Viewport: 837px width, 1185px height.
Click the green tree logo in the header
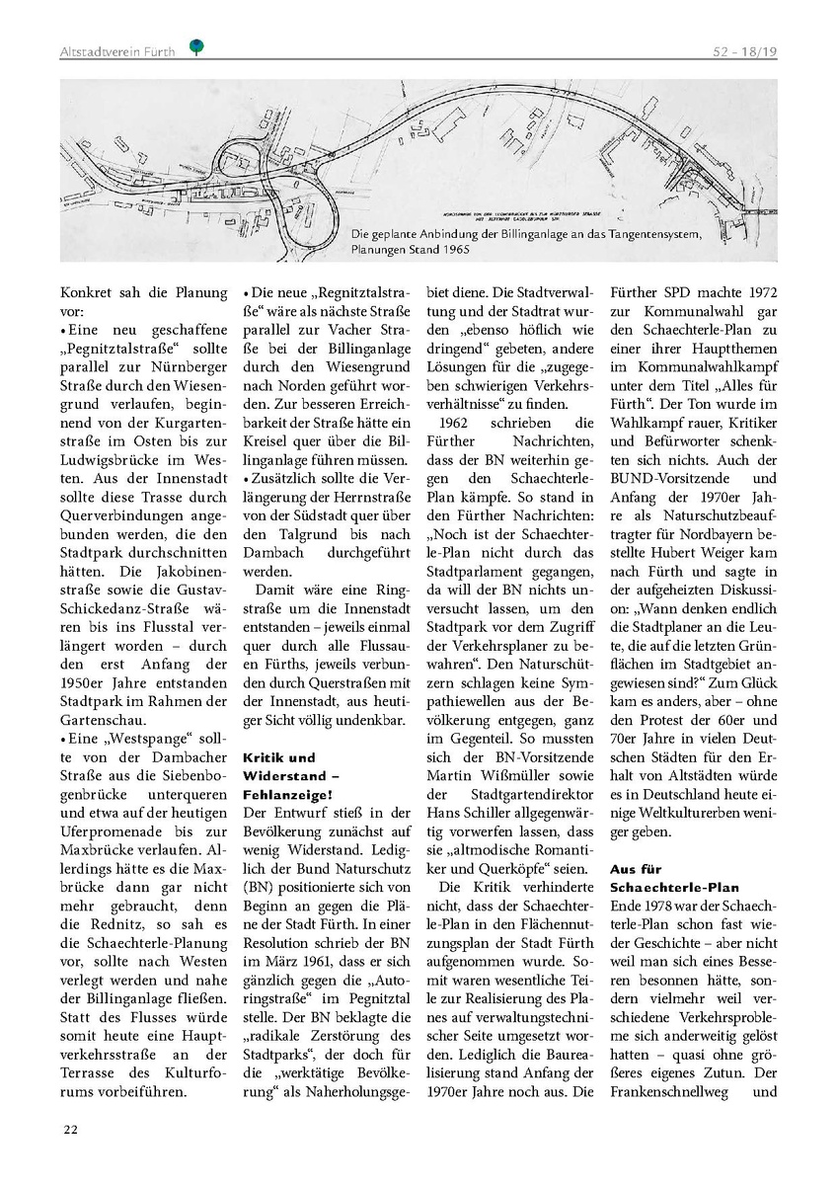point(195,46)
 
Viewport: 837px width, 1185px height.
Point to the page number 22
point(70,1129)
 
